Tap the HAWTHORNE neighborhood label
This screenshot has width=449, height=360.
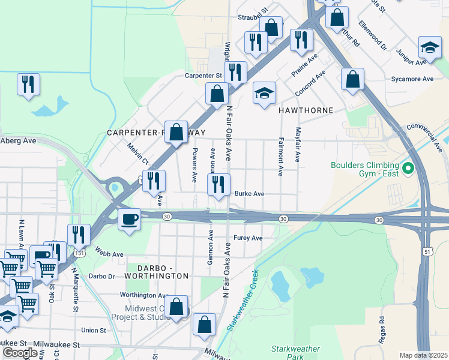305,111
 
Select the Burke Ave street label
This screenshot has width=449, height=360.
249,194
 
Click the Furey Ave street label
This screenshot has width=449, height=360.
248,238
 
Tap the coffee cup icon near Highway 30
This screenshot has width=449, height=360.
129,220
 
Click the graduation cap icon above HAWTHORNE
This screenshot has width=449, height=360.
264,94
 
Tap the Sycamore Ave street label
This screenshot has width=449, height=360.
412,79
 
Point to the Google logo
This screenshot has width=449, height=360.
20,352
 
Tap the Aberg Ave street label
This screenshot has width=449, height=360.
19,140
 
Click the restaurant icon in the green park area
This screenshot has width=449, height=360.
28,85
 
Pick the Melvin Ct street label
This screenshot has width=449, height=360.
137,154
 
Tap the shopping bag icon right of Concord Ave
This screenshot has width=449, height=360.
352,79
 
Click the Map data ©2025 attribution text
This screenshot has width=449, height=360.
423,355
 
